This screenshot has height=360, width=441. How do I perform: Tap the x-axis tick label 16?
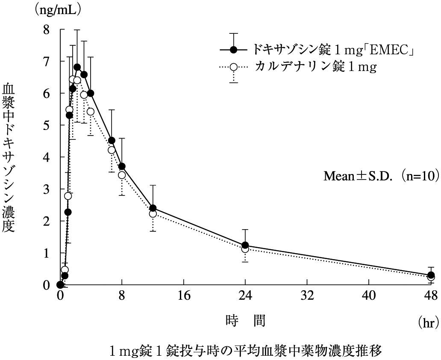pyautogui.click(x=184, y=295)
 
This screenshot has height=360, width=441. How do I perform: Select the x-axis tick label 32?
pyautogui.click(x=307, y=295)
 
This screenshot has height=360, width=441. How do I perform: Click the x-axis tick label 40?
pyautogui.click(x=369, y=295)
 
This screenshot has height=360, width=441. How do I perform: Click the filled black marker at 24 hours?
pyautogui.click(x=245, y=245)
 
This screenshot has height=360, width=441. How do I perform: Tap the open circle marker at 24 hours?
pyautogui.click(x=245, y=249)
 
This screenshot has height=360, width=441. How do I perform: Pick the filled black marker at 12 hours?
pyautogui.click(x=153, y=208)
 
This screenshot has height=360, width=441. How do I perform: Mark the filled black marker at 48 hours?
pyautogui.click(x=431, y=275)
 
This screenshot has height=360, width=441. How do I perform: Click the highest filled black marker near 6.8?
pyautogui.click(x=77, y=67)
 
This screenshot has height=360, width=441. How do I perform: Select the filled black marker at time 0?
pyautogui.click(x=60, y=285)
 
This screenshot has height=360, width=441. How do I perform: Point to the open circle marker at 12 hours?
pyautogui.click(x=153, y=214)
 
